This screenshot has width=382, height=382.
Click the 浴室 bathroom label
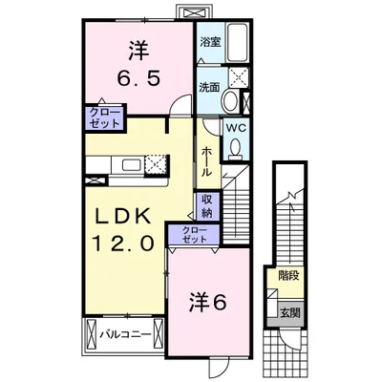coord(210,43)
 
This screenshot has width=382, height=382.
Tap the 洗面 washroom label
coord(209,86)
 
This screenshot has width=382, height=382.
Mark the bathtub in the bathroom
coord(237,43)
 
